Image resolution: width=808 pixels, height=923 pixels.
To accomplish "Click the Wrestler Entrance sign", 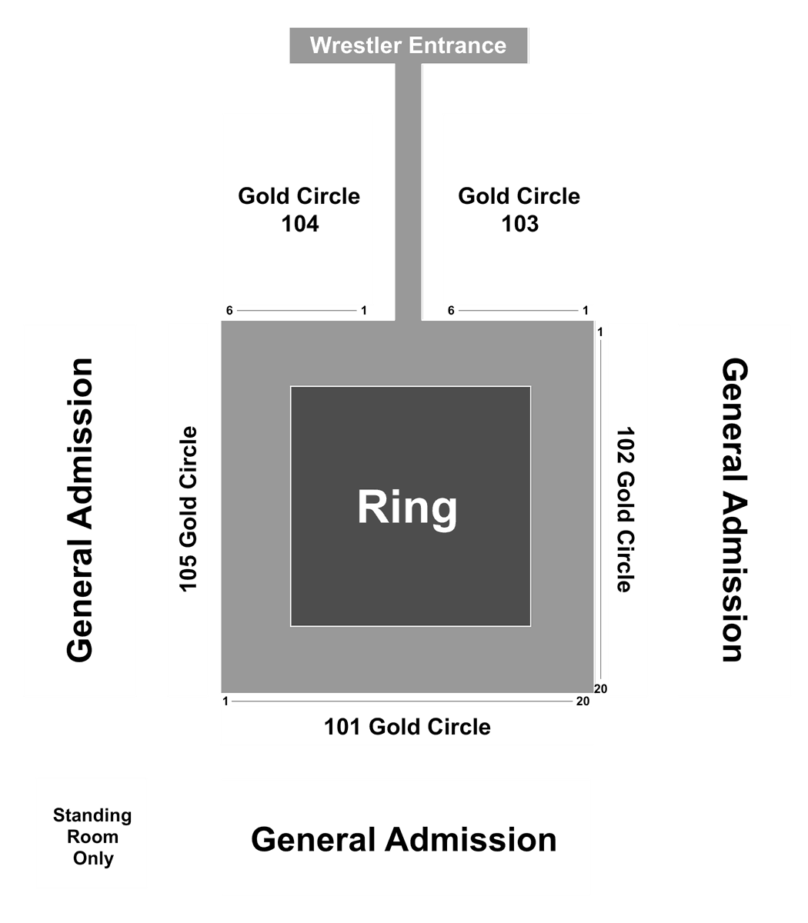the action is (x=409, y=45).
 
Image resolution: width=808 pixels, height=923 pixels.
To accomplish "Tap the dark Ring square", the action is (x=410, y=506).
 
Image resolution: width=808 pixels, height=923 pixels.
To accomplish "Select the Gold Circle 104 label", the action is (x=299, y=210).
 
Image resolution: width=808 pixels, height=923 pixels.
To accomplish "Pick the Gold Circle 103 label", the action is (x=519, y=210).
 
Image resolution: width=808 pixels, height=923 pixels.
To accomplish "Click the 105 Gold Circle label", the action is (x=189, y=509).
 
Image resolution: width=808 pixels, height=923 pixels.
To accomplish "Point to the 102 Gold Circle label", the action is (x=626, y=509).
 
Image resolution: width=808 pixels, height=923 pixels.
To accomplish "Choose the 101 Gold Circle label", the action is (x=407, y=727).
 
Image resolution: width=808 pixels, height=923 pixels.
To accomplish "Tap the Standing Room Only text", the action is (x=92, y=837).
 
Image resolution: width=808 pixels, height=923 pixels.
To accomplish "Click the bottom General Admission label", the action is (x=404, y=840).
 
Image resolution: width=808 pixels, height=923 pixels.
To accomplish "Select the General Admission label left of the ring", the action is (x=80, y=510).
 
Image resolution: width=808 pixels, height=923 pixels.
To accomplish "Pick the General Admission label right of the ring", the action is (x=734, y=510).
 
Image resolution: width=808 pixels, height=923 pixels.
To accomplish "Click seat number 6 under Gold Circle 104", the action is (x=229, y=311).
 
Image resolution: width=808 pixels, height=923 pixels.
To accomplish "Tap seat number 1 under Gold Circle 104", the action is (x=364, y=311).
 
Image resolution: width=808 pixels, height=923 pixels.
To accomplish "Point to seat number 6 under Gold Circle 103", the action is (x=451, y=311).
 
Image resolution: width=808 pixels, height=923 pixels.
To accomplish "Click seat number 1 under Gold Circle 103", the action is (x=586, y=311).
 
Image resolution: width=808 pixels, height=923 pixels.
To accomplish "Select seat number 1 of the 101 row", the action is (x=225, y=701).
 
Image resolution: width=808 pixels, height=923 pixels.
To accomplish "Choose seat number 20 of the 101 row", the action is (x=583, y=701).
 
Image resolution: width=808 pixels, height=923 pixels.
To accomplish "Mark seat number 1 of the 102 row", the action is (x=600, y=332).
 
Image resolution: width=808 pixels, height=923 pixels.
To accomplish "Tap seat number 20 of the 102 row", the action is (x=600, y=689).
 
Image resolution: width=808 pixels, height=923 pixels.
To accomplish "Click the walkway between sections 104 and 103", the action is (x=409, y=192).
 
